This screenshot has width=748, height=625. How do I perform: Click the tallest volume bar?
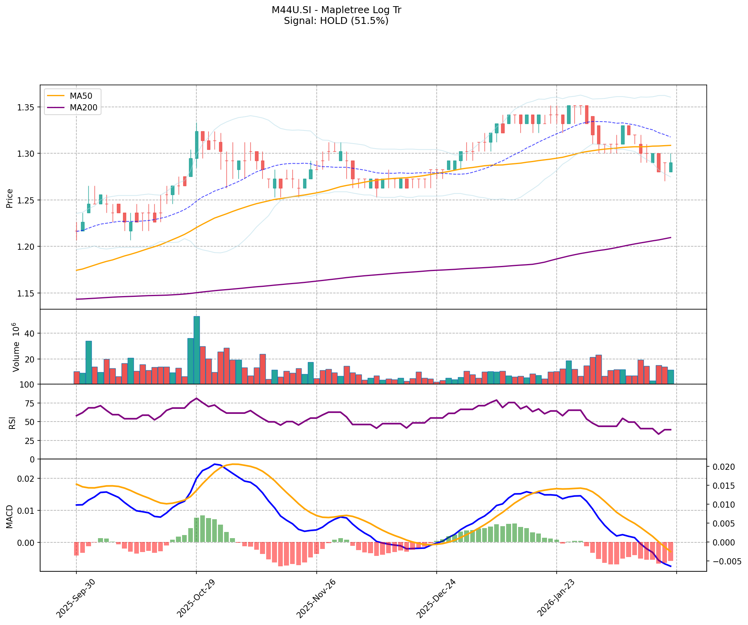(197, 350)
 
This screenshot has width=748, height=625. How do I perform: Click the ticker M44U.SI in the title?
(289, 10)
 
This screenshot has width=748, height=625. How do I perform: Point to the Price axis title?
(10, 198)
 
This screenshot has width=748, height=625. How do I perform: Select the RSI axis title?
(12, 422)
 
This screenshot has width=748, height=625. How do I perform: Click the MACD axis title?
(10, 517)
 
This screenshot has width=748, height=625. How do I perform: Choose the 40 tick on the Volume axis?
(31, 333)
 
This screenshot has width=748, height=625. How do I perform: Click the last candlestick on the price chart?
(671, 167)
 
